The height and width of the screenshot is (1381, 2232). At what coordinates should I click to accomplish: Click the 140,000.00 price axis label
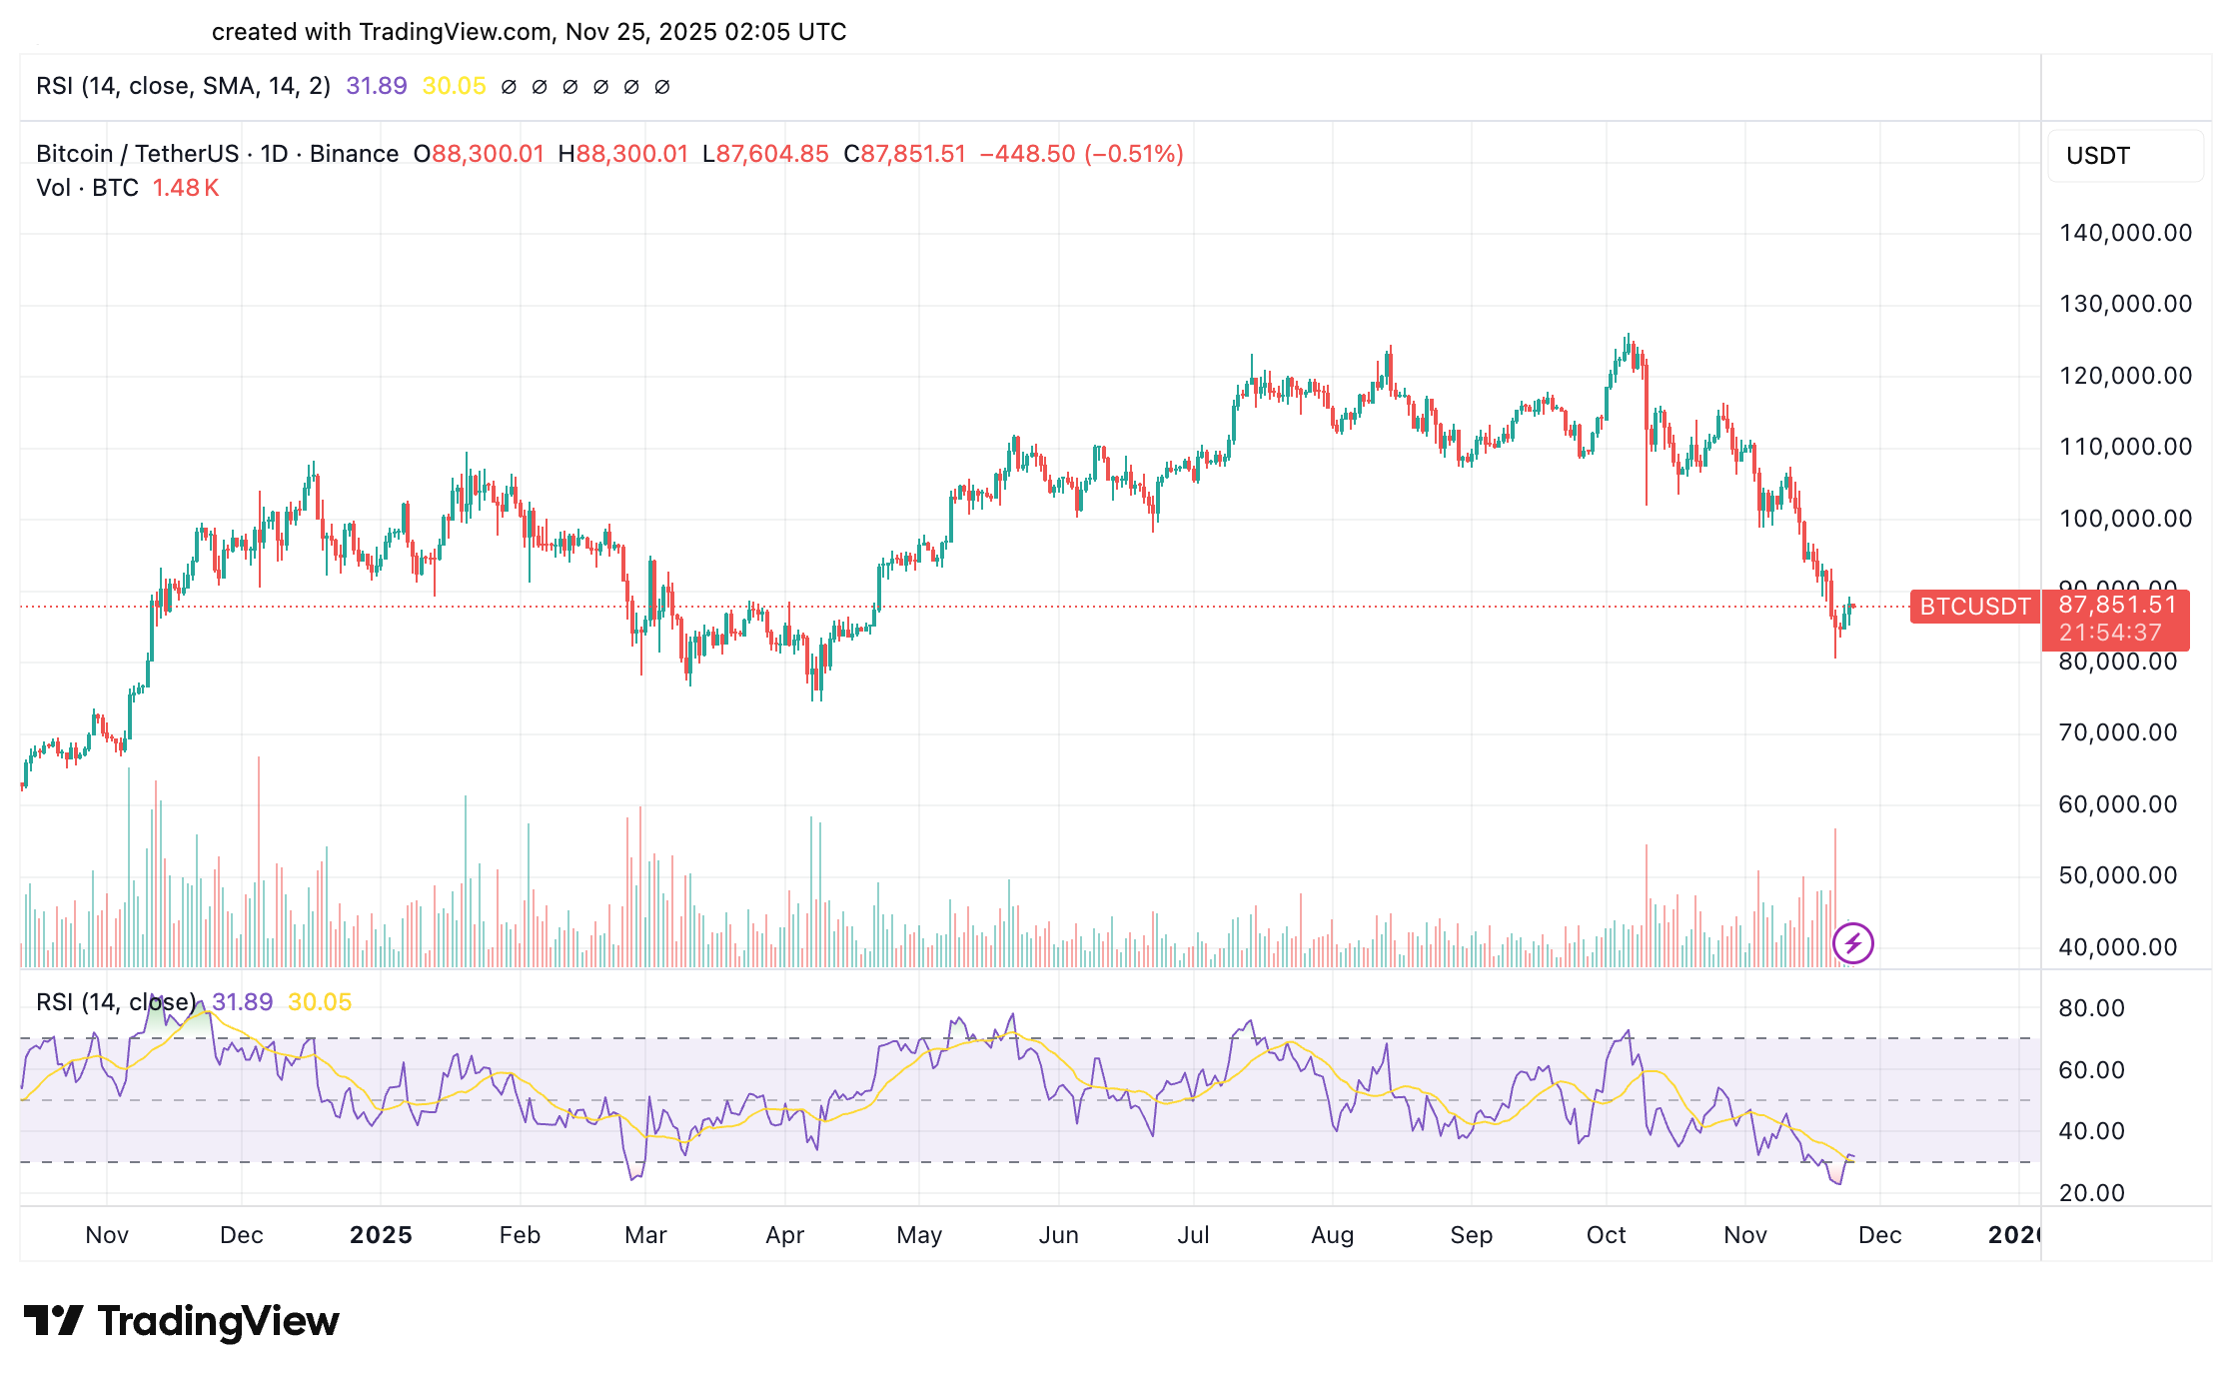(2125, 233)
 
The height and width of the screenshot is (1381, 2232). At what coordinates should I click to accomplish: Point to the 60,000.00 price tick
(2117, 804)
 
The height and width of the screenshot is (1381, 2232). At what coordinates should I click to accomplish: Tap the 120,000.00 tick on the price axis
(2125, 376)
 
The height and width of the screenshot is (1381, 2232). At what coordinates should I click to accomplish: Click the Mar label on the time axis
(645, 1235)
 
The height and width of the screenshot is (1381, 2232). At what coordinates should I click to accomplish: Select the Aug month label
(1332, 1235)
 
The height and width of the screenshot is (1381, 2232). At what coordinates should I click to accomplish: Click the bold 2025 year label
(381, 1235)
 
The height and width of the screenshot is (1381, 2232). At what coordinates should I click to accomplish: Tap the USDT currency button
(2098, 156)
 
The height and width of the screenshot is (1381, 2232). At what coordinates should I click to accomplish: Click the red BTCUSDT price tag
(1974, 607)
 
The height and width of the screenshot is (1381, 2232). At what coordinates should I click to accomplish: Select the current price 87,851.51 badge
(2116, 606)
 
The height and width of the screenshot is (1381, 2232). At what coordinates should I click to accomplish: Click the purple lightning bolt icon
(1853, 942)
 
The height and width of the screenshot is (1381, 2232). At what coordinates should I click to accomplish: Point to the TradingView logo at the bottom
(182, 1321)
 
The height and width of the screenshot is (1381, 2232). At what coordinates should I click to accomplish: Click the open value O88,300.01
(480, 154)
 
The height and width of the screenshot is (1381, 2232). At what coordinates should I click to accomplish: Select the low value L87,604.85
(766, 154)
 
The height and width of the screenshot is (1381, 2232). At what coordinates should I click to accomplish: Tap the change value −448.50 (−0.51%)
(1081, 154)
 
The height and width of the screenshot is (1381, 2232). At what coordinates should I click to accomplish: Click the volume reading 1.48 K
(185, 188)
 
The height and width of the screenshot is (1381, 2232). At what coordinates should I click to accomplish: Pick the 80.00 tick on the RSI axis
(2091, 1008)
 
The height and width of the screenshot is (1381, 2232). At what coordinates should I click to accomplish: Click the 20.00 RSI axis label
(2091, 1193)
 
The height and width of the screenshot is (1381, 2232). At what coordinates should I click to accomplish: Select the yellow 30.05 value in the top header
(454, 86)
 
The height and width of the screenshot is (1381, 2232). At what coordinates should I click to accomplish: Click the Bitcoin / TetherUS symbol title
(137, 154)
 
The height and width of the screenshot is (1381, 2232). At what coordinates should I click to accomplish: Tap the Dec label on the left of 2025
(241, 1235)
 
